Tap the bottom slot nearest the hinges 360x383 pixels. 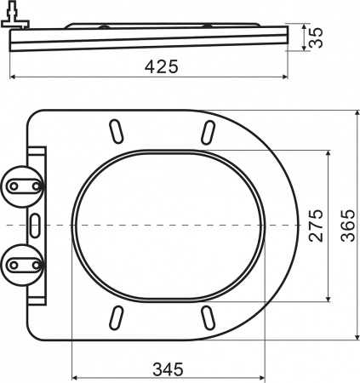pyautogui.click(x=115, y=317)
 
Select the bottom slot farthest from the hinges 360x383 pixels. pyautogui.click(x=207, y=317)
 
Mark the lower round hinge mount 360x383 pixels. pyautogui.click(x=23, y=264)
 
